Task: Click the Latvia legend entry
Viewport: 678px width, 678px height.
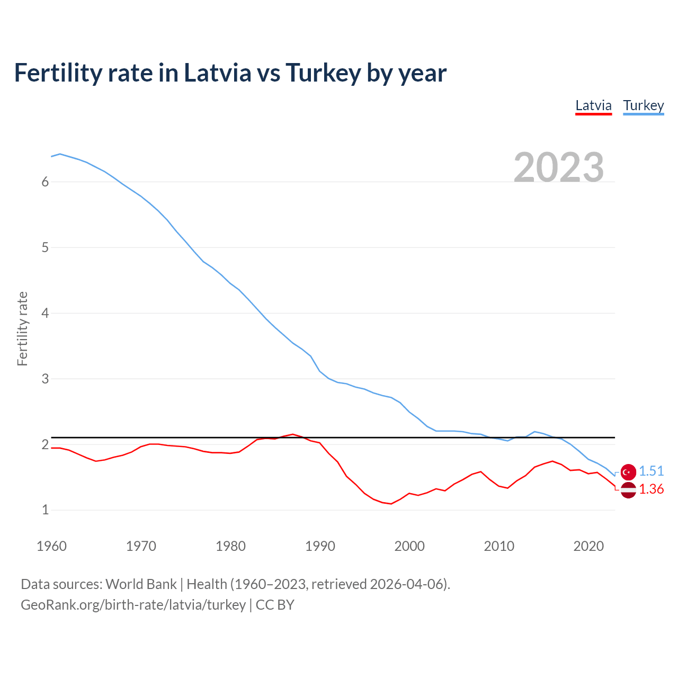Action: pyautogui.click(x=593, y=105)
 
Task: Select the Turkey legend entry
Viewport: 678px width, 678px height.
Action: pyautogui.click(x=643, y=105)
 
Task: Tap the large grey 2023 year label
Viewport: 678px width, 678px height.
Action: pyautogui.click(x=559, y=167)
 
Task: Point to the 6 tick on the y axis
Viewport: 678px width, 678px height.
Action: pyautogui.click(x=45, y=182)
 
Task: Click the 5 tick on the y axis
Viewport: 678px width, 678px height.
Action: pyautogui.click(x=45, y=247)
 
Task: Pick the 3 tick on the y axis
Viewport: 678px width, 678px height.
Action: pyautogui.click(x=45, y=379)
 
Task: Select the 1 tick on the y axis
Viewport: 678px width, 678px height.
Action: pyautogui.click(x=45, y=510)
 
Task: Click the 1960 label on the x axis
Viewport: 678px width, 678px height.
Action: pyautogui.click(x=51, y=546)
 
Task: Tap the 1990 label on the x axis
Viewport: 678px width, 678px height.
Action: pyautogui.click(x=320, y=546)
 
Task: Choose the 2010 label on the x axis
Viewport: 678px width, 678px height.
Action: pyautogui.click(x=499, y=546)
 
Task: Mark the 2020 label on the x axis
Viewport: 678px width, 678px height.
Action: pyautogui.click(x=588, y=546)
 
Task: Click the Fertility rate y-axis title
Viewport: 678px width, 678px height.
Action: pyautogui.click(x=22, y=328)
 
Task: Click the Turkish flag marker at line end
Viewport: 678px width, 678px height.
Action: pyautogui.click(x=628, y=471)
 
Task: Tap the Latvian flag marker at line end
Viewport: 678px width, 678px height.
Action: pyautogui.click(x=628, y=490)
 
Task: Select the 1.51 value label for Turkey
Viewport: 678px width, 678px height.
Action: pyautogui.click(x=651, y=471)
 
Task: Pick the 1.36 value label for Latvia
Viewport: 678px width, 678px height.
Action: pyautogui.click(x=651, y=489)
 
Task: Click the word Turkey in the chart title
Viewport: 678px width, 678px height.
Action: pyautogui.click(x=323, y=73)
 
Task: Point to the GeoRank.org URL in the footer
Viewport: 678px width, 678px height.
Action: pyautogui.click(x=133, y=604)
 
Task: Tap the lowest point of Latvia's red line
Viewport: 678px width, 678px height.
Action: pyautogui.click(x=391, y=504)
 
